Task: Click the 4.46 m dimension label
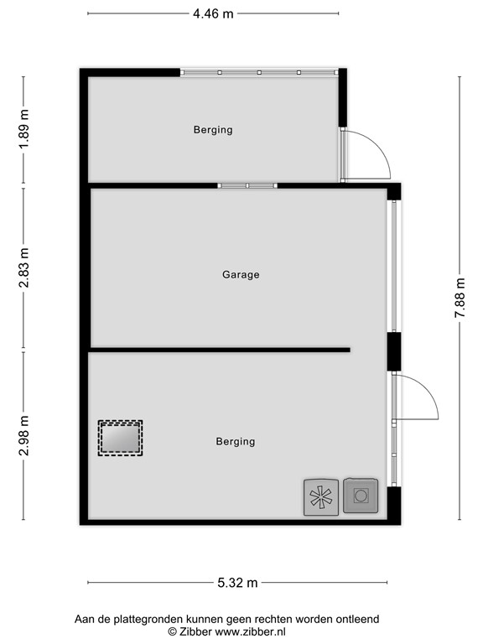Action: [213, 13]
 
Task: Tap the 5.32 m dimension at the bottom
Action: [236, 583]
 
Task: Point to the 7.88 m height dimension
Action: [460, 298]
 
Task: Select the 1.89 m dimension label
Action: [24, 129]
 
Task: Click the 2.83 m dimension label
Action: [24, 267]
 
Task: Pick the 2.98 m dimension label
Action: [24, 436]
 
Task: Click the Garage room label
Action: [241, 274]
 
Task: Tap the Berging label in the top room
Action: [213, 130]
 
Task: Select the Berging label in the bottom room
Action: [235, 441]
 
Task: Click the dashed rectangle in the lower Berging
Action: [120, 438]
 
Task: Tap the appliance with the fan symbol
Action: [319, 496]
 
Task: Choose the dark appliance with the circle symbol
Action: [361, 496]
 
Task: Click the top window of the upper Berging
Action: [259, 73]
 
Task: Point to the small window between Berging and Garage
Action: [247, 185]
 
